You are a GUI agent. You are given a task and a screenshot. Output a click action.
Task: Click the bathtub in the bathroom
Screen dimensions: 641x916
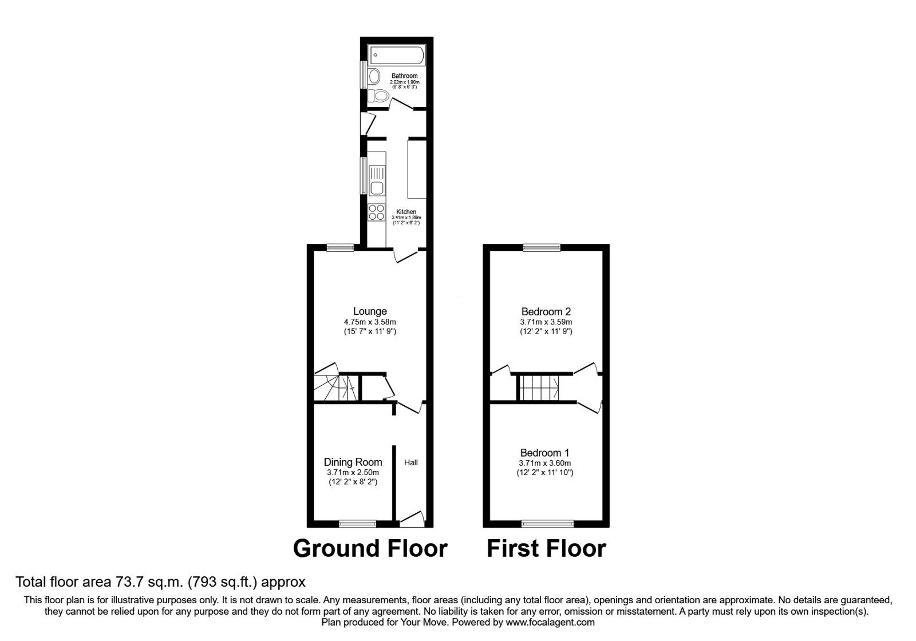[397, 56]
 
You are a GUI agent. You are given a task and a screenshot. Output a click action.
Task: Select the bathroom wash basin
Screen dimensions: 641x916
[374, 76]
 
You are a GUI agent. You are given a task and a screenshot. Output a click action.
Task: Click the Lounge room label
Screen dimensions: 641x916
[370, 311]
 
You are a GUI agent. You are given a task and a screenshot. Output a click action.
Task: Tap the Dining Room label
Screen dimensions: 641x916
[353, 462]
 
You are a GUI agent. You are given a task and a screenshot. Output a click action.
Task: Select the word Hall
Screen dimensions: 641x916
[411, 462]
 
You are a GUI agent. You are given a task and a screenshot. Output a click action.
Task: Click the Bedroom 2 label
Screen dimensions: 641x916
[546, 312]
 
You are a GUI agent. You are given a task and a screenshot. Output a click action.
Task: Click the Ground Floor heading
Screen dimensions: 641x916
[370, 548]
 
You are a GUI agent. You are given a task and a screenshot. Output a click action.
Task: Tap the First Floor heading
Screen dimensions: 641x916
[546, 548]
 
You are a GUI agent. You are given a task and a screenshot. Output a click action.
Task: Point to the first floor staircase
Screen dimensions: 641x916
[539, 388]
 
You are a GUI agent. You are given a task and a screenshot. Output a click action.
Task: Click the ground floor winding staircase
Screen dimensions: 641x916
[335, 385]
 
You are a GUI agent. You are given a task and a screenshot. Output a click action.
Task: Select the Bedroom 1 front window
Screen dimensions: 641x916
[547, 523]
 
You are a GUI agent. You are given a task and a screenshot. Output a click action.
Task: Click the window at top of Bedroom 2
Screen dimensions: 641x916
[542, 247]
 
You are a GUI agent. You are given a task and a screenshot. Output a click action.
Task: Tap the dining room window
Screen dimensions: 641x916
[357, 523]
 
